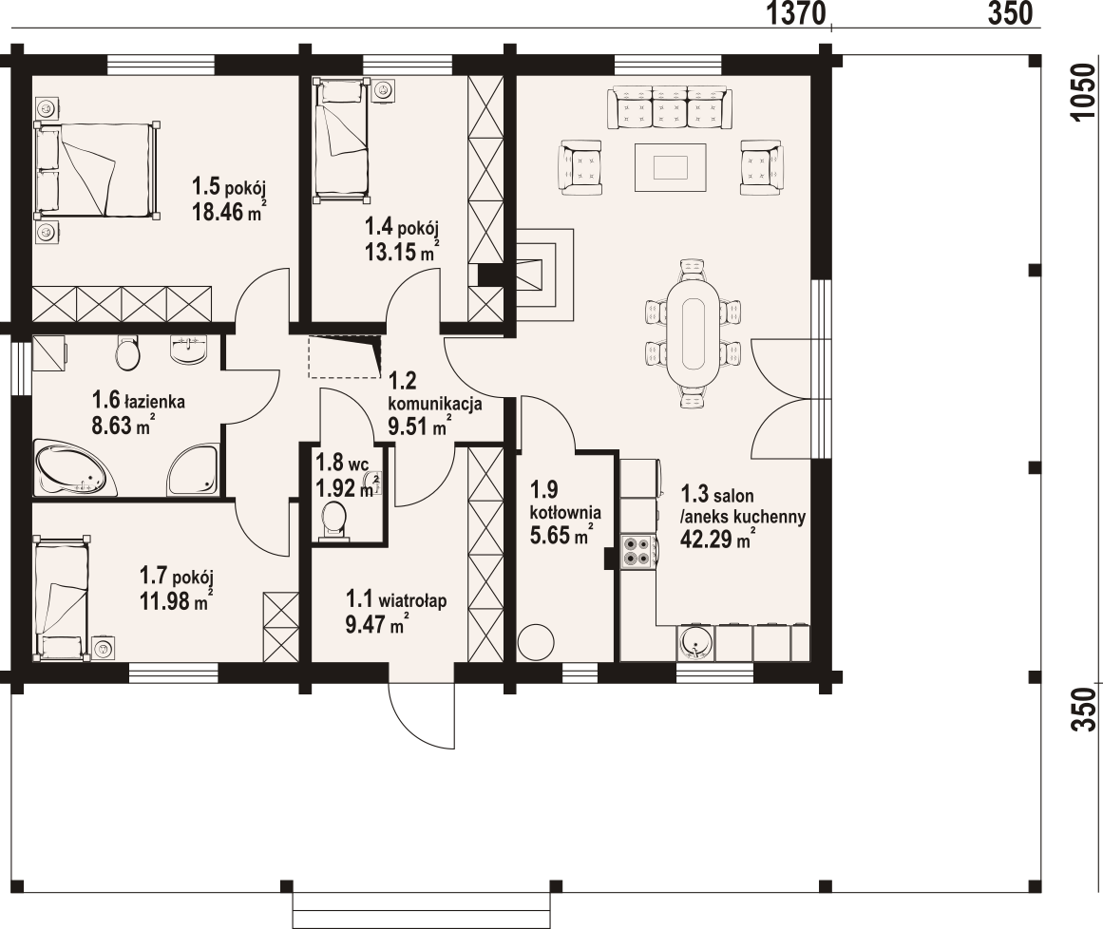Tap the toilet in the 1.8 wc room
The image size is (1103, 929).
[333, 517]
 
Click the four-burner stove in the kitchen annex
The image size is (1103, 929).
[637, 551]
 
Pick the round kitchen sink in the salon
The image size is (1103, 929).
[694, 643]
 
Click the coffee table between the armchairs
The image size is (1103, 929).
[670, 167]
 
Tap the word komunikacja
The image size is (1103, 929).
[435, 403]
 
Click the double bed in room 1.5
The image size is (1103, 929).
[95, 170]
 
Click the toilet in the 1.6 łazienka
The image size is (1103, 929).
[126, 355]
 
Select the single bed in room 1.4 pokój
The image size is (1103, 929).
[341, 138]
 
